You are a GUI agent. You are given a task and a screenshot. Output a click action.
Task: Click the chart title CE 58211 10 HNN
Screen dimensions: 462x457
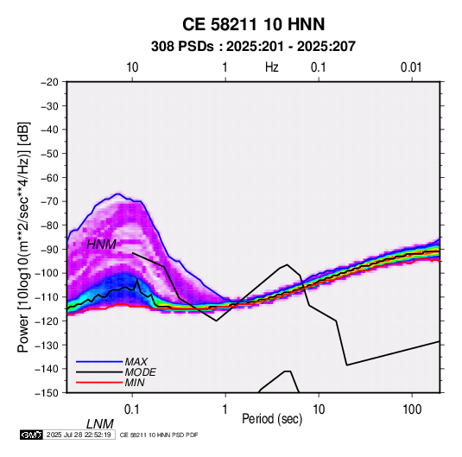pos(253,24)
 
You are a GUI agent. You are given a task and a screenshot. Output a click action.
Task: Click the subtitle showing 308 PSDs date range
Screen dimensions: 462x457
pos(253,47)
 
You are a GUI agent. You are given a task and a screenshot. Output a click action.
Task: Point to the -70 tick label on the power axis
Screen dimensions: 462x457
pos(49,201)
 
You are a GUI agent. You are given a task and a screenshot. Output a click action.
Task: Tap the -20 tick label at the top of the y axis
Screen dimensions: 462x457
pos(49,82)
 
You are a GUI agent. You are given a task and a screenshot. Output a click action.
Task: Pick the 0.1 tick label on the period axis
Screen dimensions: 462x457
pos(132,409)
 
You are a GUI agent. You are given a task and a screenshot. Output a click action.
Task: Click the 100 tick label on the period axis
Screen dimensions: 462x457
pos(412,409)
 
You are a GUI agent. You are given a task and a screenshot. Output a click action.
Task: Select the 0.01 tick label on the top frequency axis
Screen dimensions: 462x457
pos(411,67)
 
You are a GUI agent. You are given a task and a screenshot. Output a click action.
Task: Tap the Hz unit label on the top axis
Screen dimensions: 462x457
pos(272,67)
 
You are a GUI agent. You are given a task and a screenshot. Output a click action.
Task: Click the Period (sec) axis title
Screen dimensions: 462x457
pos(272,419)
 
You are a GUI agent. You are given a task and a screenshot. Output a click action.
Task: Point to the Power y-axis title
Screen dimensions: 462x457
pos(23,237)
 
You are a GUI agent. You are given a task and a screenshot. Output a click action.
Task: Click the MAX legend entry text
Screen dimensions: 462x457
pos(136,361)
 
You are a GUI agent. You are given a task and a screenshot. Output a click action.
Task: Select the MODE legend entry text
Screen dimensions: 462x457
pos(140,372)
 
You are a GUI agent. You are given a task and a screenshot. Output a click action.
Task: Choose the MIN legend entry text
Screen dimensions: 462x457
pos(135,383)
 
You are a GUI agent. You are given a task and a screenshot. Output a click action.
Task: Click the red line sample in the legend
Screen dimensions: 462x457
pos(99,383)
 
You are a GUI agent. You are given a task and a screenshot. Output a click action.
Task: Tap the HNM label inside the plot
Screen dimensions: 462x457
pos(101,244)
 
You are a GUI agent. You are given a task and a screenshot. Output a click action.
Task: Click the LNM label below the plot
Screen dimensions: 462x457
pos(100,424)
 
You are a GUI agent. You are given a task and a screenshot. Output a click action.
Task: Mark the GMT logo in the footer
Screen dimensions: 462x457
pos(31,435)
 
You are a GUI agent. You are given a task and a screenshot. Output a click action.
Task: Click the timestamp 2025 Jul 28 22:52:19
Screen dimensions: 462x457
pos(79,435)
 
